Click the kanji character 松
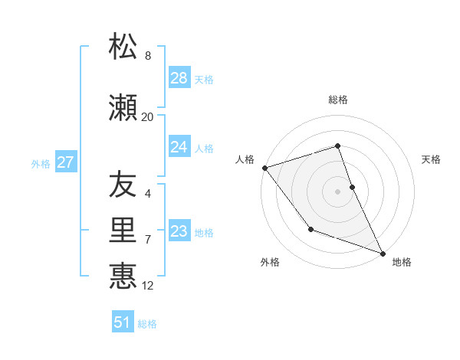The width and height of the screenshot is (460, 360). tap(123, 47)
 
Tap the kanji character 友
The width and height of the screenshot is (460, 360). tap(123, 185)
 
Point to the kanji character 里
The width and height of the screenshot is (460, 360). tap(123, 230)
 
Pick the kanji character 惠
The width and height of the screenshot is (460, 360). tap(123, 275)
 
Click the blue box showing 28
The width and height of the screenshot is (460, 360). tap(179, 78)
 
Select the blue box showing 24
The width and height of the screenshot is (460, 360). tap(179, 147)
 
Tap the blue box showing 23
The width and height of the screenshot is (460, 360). tap(179, 231)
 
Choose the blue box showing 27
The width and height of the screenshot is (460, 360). tap(66, 162)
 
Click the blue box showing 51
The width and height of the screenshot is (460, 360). tap(123, 322)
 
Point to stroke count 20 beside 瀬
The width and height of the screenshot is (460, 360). tap(147, 116)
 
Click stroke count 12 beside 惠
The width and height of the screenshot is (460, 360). tap(148, 286)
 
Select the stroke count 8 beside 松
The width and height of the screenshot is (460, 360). tap(148, 56)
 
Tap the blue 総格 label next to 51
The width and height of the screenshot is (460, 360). tap(147, 324)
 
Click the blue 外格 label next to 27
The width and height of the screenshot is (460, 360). tap(41, 163)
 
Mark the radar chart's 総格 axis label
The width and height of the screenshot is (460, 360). tap(337, 100)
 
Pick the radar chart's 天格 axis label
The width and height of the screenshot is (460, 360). tap(432, 159)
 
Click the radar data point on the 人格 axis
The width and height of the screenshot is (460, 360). tap(264, 168)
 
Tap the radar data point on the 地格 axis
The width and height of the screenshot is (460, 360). tap(383, 253)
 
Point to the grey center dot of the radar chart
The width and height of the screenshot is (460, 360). tap(337, 191)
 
